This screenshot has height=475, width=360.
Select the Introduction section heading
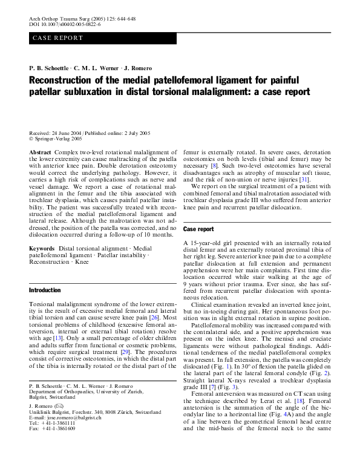(45, 290)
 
